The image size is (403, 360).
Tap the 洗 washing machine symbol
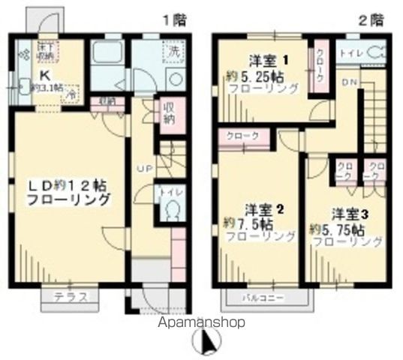173,52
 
